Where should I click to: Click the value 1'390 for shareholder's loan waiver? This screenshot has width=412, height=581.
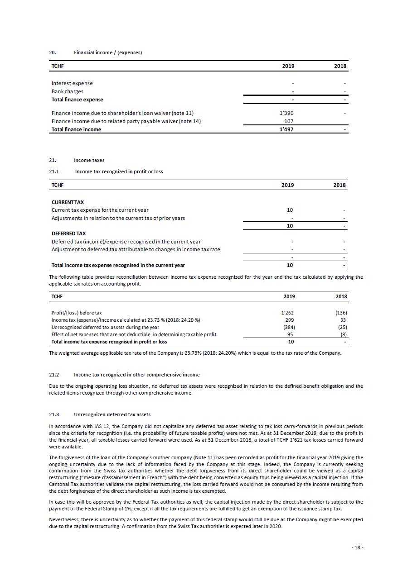point(287,113)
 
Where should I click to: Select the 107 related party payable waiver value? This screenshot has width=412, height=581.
point(289,121)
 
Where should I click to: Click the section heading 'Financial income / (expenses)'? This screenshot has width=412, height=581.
point(108,52)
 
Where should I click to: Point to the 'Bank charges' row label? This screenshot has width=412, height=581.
point(68,91)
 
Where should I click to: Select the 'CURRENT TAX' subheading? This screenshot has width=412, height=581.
point(68,202)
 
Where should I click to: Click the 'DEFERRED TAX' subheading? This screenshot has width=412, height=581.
point(68,233)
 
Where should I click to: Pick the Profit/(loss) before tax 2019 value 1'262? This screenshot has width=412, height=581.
point(288,313)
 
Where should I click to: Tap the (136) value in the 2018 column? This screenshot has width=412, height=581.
point(340,313)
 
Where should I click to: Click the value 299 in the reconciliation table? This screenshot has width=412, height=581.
point(291,320)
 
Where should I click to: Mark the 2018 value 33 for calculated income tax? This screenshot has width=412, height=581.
point(344,320)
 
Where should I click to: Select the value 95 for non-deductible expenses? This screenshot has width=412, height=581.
point(291,334)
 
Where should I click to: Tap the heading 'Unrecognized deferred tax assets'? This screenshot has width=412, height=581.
point(112,414)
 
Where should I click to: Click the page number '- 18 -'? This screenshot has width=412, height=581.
point(357,548)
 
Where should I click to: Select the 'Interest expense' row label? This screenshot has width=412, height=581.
point(72,83)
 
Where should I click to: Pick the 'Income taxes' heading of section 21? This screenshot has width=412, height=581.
point(89,160)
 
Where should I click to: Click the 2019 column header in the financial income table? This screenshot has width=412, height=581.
point(288,66)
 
